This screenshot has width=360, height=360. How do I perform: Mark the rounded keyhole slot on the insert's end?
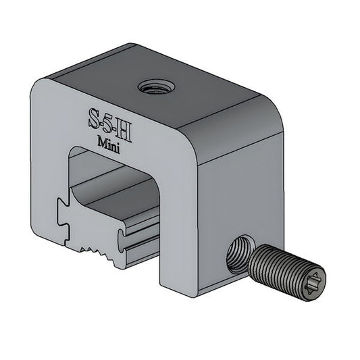(x=124, y=238)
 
